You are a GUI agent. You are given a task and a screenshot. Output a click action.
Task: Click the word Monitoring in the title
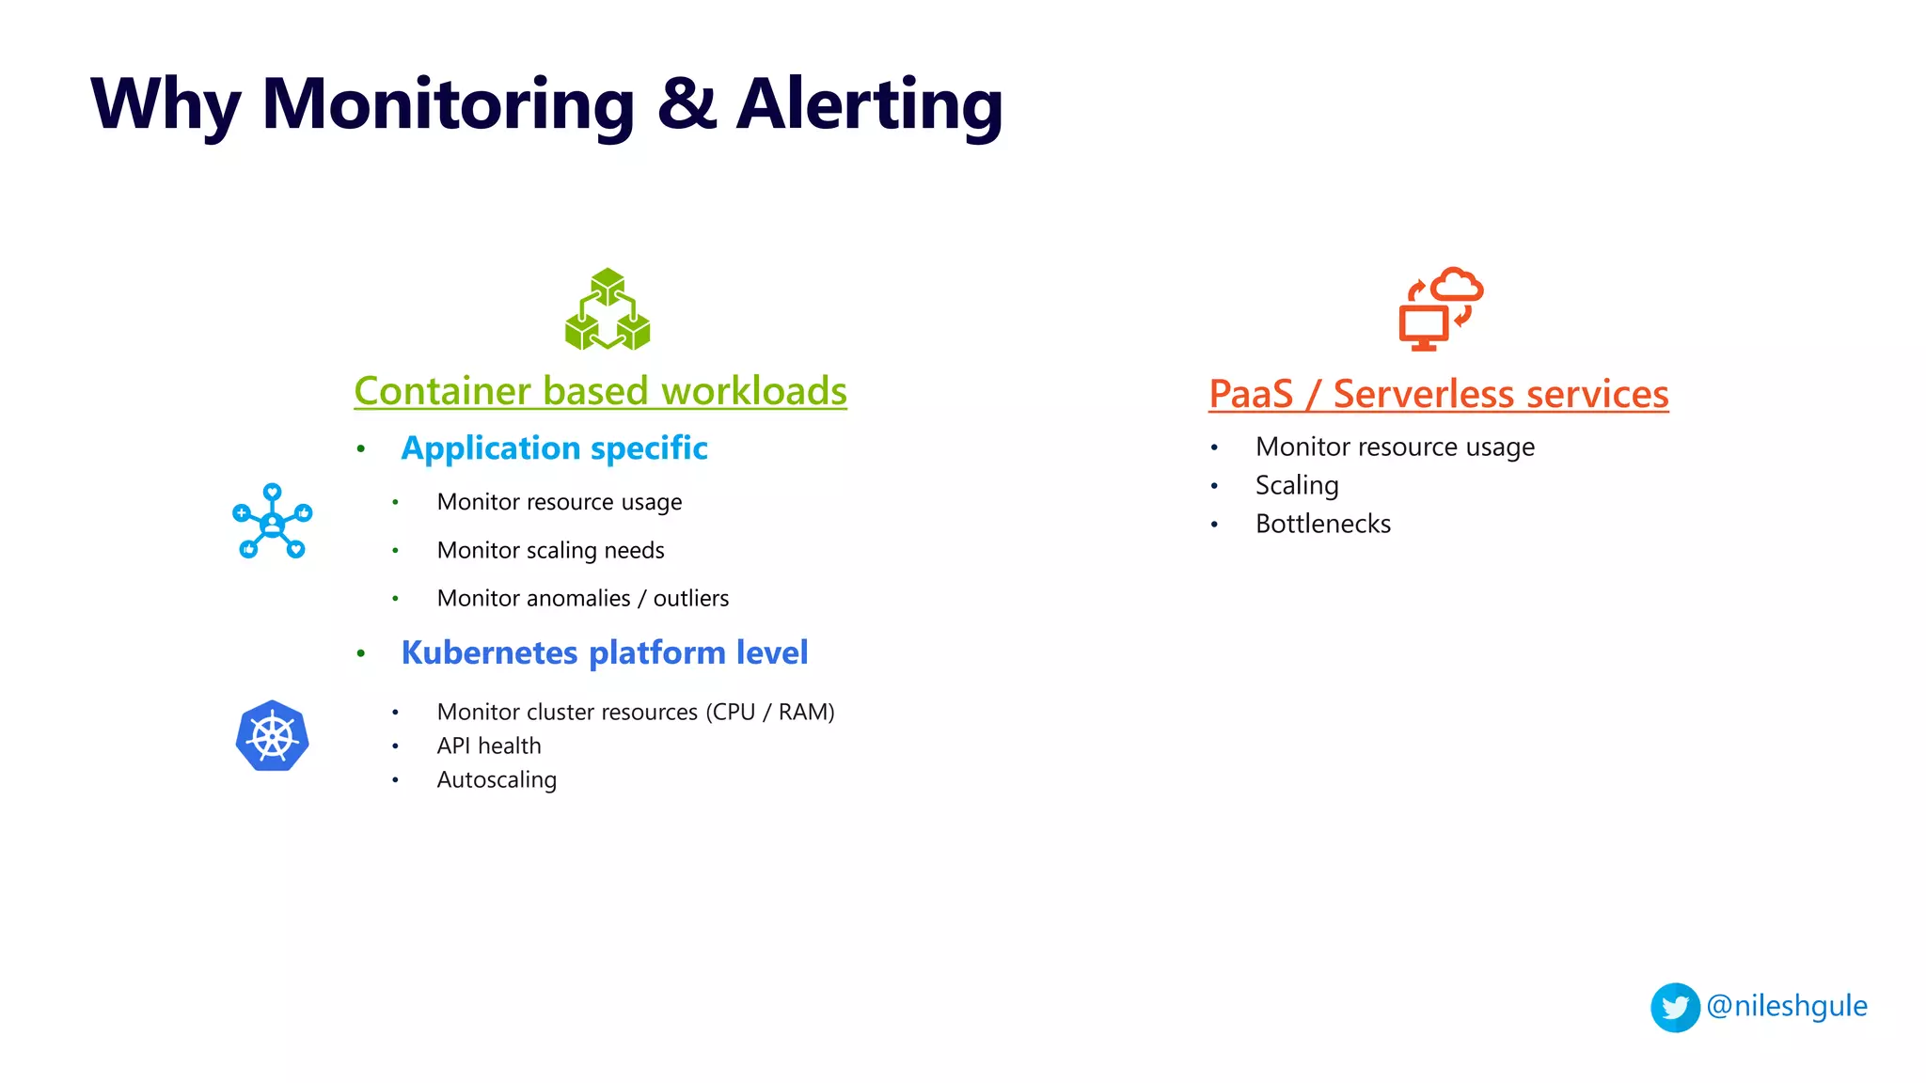click(x=449, y=103)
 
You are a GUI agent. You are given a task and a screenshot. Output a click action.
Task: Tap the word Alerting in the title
click(x=870, y=103)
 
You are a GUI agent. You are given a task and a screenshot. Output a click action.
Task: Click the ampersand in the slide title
click(x=687, y=103)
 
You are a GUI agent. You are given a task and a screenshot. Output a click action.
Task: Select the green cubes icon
click(x=608, y=310)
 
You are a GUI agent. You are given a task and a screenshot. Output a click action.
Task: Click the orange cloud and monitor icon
click(x=1440, y=308)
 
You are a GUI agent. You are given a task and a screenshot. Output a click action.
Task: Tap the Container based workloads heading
click(x=600, y=391)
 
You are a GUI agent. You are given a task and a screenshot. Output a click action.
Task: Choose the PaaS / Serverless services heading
click(x=1438, y=394)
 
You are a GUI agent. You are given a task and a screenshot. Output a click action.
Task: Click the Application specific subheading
click(x=554, y=448)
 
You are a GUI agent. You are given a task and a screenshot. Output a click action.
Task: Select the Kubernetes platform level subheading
click(x=604, y=652)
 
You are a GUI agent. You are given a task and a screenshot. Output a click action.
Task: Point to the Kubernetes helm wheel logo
click(x=272, y=736)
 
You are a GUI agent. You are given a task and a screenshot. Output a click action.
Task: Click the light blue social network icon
click(x=272, y=522)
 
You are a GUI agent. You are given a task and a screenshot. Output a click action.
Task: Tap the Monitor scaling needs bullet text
click(x=550, y=550)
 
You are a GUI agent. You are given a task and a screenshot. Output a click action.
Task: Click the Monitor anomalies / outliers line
click(x=582, y=598)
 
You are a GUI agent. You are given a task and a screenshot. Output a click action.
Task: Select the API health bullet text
click(x=489, y=746)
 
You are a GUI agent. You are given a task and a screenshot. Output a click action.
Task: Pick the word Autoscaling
click(x=497, y=779)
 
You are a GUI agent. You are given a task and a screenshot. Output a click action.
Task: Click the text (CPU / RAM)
click(x=770, y=712)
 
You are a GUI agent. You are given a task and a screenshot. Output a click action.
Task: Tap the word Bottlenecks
click(x=1322, y=524)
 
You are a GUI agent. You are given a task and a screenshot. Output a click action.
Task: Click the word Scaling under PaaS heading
click(x=1296, y=485)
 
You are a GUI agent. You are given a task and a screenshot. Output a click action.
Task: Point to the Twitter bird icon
click(x=1675, y=1008)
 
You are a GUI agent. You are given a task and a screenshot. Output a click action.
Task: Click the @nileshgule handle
click(x=1786, y=1006)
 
